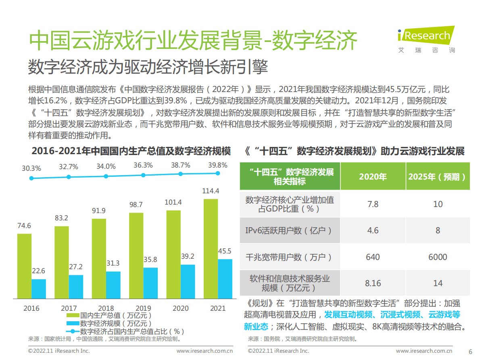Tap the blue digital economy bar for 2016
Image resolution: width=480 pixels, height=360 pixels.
point(39,289)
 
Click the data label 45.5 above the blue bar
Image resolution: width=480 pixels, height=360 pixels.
point(224,251)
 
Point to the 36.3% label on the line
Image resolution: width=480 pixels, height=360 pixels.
point(143,165)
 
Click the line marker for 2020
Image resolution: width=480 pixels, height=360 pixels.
point(180,174)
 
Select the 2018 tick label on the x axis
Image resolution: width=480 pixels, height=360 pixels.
point(106,308)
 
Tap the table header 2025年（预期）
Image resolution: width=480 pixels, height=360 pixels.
point(438,177)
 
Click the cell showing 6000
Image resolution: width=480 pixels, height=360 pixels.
point(438,257)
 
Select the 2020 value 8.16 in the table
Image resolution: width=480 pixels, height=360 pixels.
point(373,283)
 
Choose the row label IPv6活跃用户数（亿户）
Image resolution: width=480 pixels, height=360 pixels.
point(289,230)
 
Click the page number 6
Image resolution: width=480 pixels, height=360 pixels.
point(470,351)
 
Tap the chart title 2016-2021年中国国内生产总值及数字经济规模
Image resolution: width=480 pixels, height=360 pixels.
point(131,151)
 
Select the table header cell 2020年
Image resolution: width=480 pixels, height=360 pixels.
point(373,177)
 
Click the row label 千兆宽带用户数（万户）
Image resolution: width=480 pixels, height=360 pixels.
point(289,257)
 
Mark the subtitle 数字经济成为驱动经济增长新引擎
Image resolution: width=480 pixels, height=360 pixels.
point(148,67)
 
